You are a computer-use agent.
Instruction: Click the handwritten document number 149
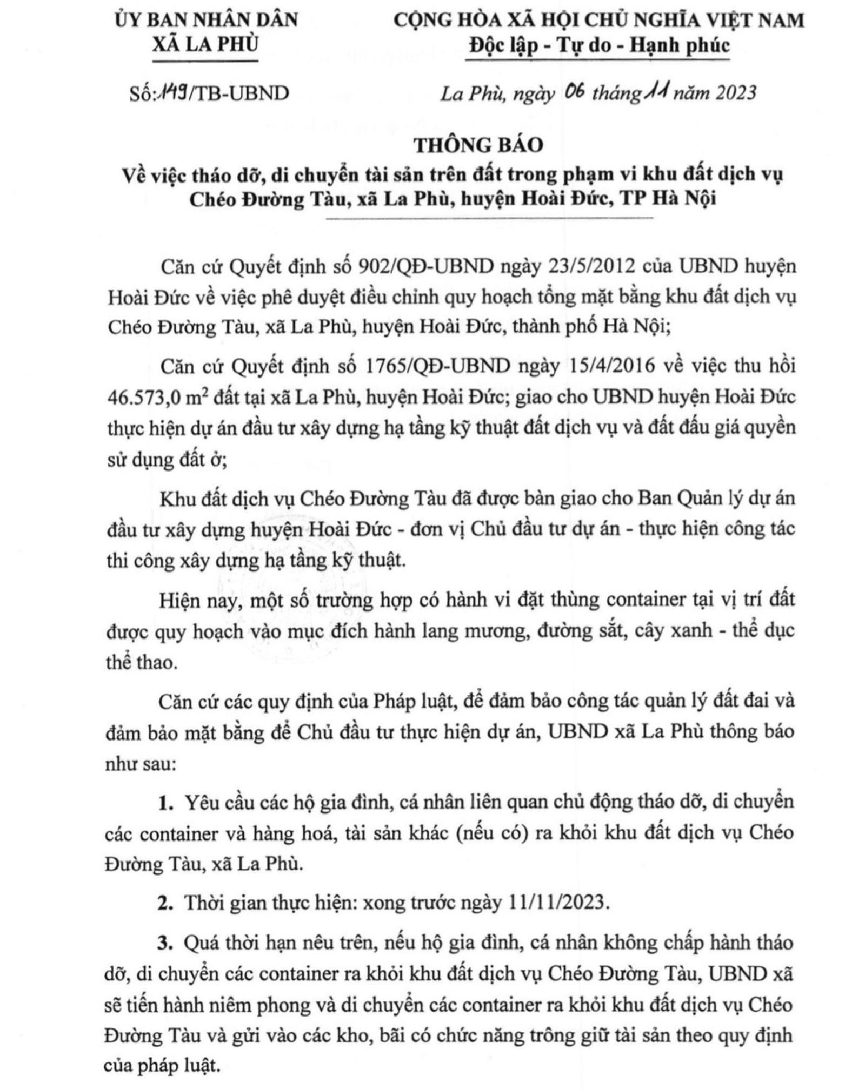[169, 92]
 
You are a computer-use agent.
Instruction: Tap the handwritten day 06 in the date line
[574, 92]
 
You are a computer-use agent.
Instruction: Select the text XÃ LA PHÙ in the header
[205, 44]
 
